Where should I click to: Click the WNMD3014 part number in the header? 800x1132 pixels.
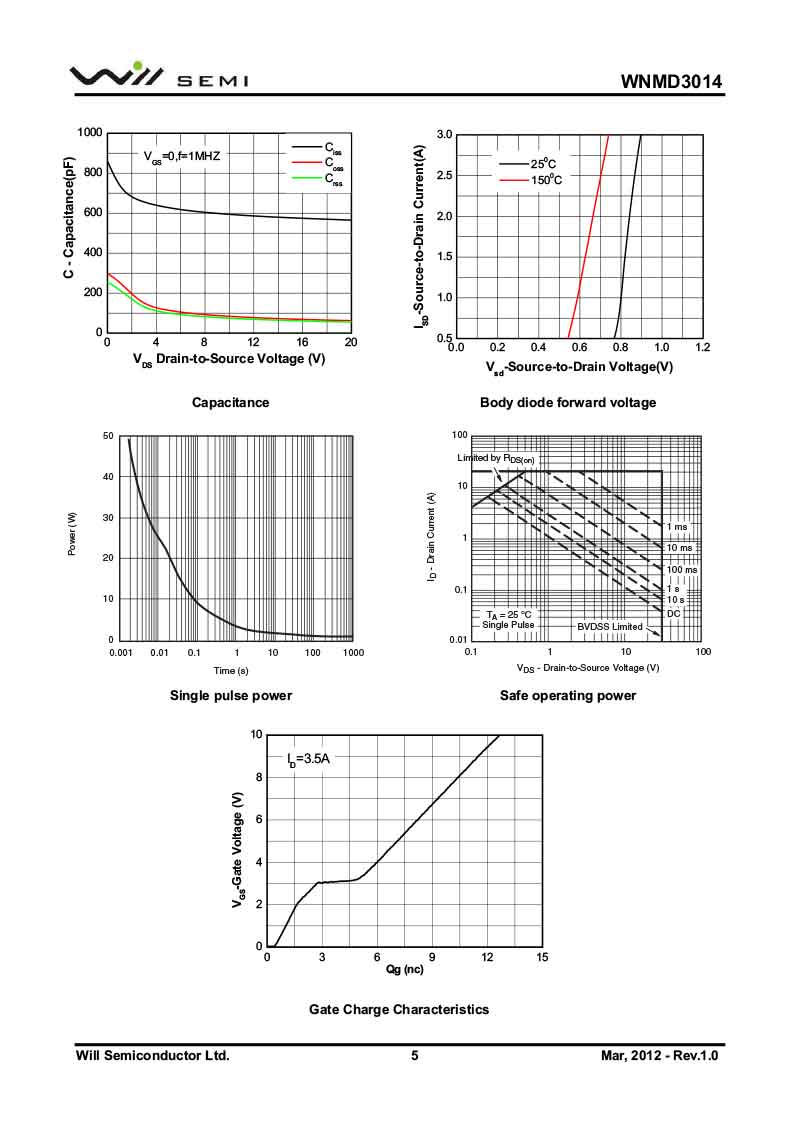pyautogui.click(x=671, y=81)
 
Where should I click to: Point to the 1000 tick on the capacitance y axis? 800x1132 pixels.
pyautogui.click(x=89, y=133)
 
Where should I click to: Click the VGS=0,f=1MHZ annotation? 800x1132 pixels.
pyautogui.click(x=181, y=156)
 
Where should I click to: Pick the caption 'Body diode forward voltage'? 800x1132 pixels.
pyautogui.click(x=568, y=402)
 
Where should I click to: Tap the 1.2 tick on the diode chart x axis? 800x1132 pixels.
pyautogui.click(x=702, y=347)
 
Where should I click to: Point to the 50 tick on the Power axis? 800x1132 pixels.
pyautogui.click(x=107, y=436)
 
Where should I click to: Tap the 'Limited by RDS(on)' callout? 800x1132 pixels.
pyautogui.click(x=496, y=458)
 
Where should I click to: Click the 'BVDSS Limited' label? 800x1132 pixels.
pyautogui.click(x=609, y=626)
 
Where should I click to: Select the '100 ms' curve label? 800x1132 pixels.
pyautogui.click(x=682, y=569)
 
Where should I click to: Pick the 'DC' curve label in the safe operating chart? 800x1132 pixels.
pyautogui.click(x=673, y=612)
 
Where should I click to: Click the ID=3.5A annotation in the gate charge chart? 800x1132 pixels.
pyautogui.click(x=308, y=759)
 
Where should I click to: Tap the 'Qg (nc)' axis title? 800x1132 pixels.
pyautogui.click(x=404, y=969)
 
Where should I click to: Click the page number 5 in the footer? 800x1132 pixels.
pyautogui.click(x=414, y=1055)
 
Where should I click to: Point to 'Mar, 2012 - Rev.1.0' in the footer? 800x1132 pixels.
pyautogui.click(x=660, y=1055)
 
